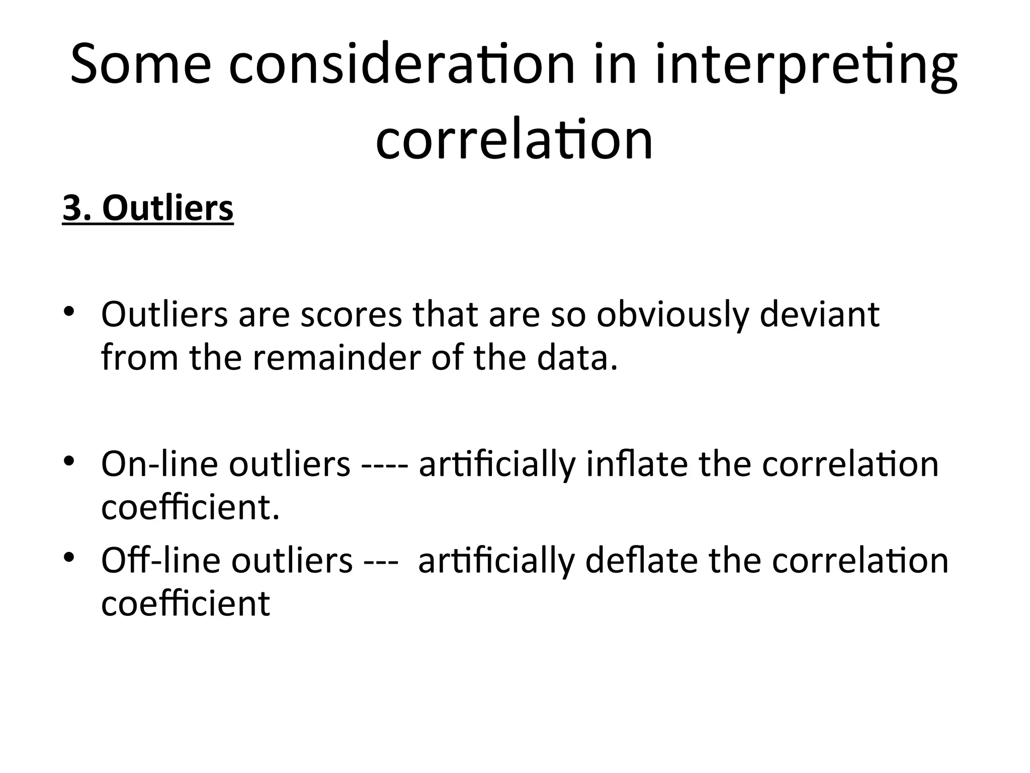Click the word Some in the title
coord(141,64)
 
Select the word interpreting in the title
coord(806,64)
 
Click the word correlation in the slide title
coord(514,139)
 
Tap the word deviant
coord(819,315)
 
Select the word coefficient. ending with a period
coord(190,507)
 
